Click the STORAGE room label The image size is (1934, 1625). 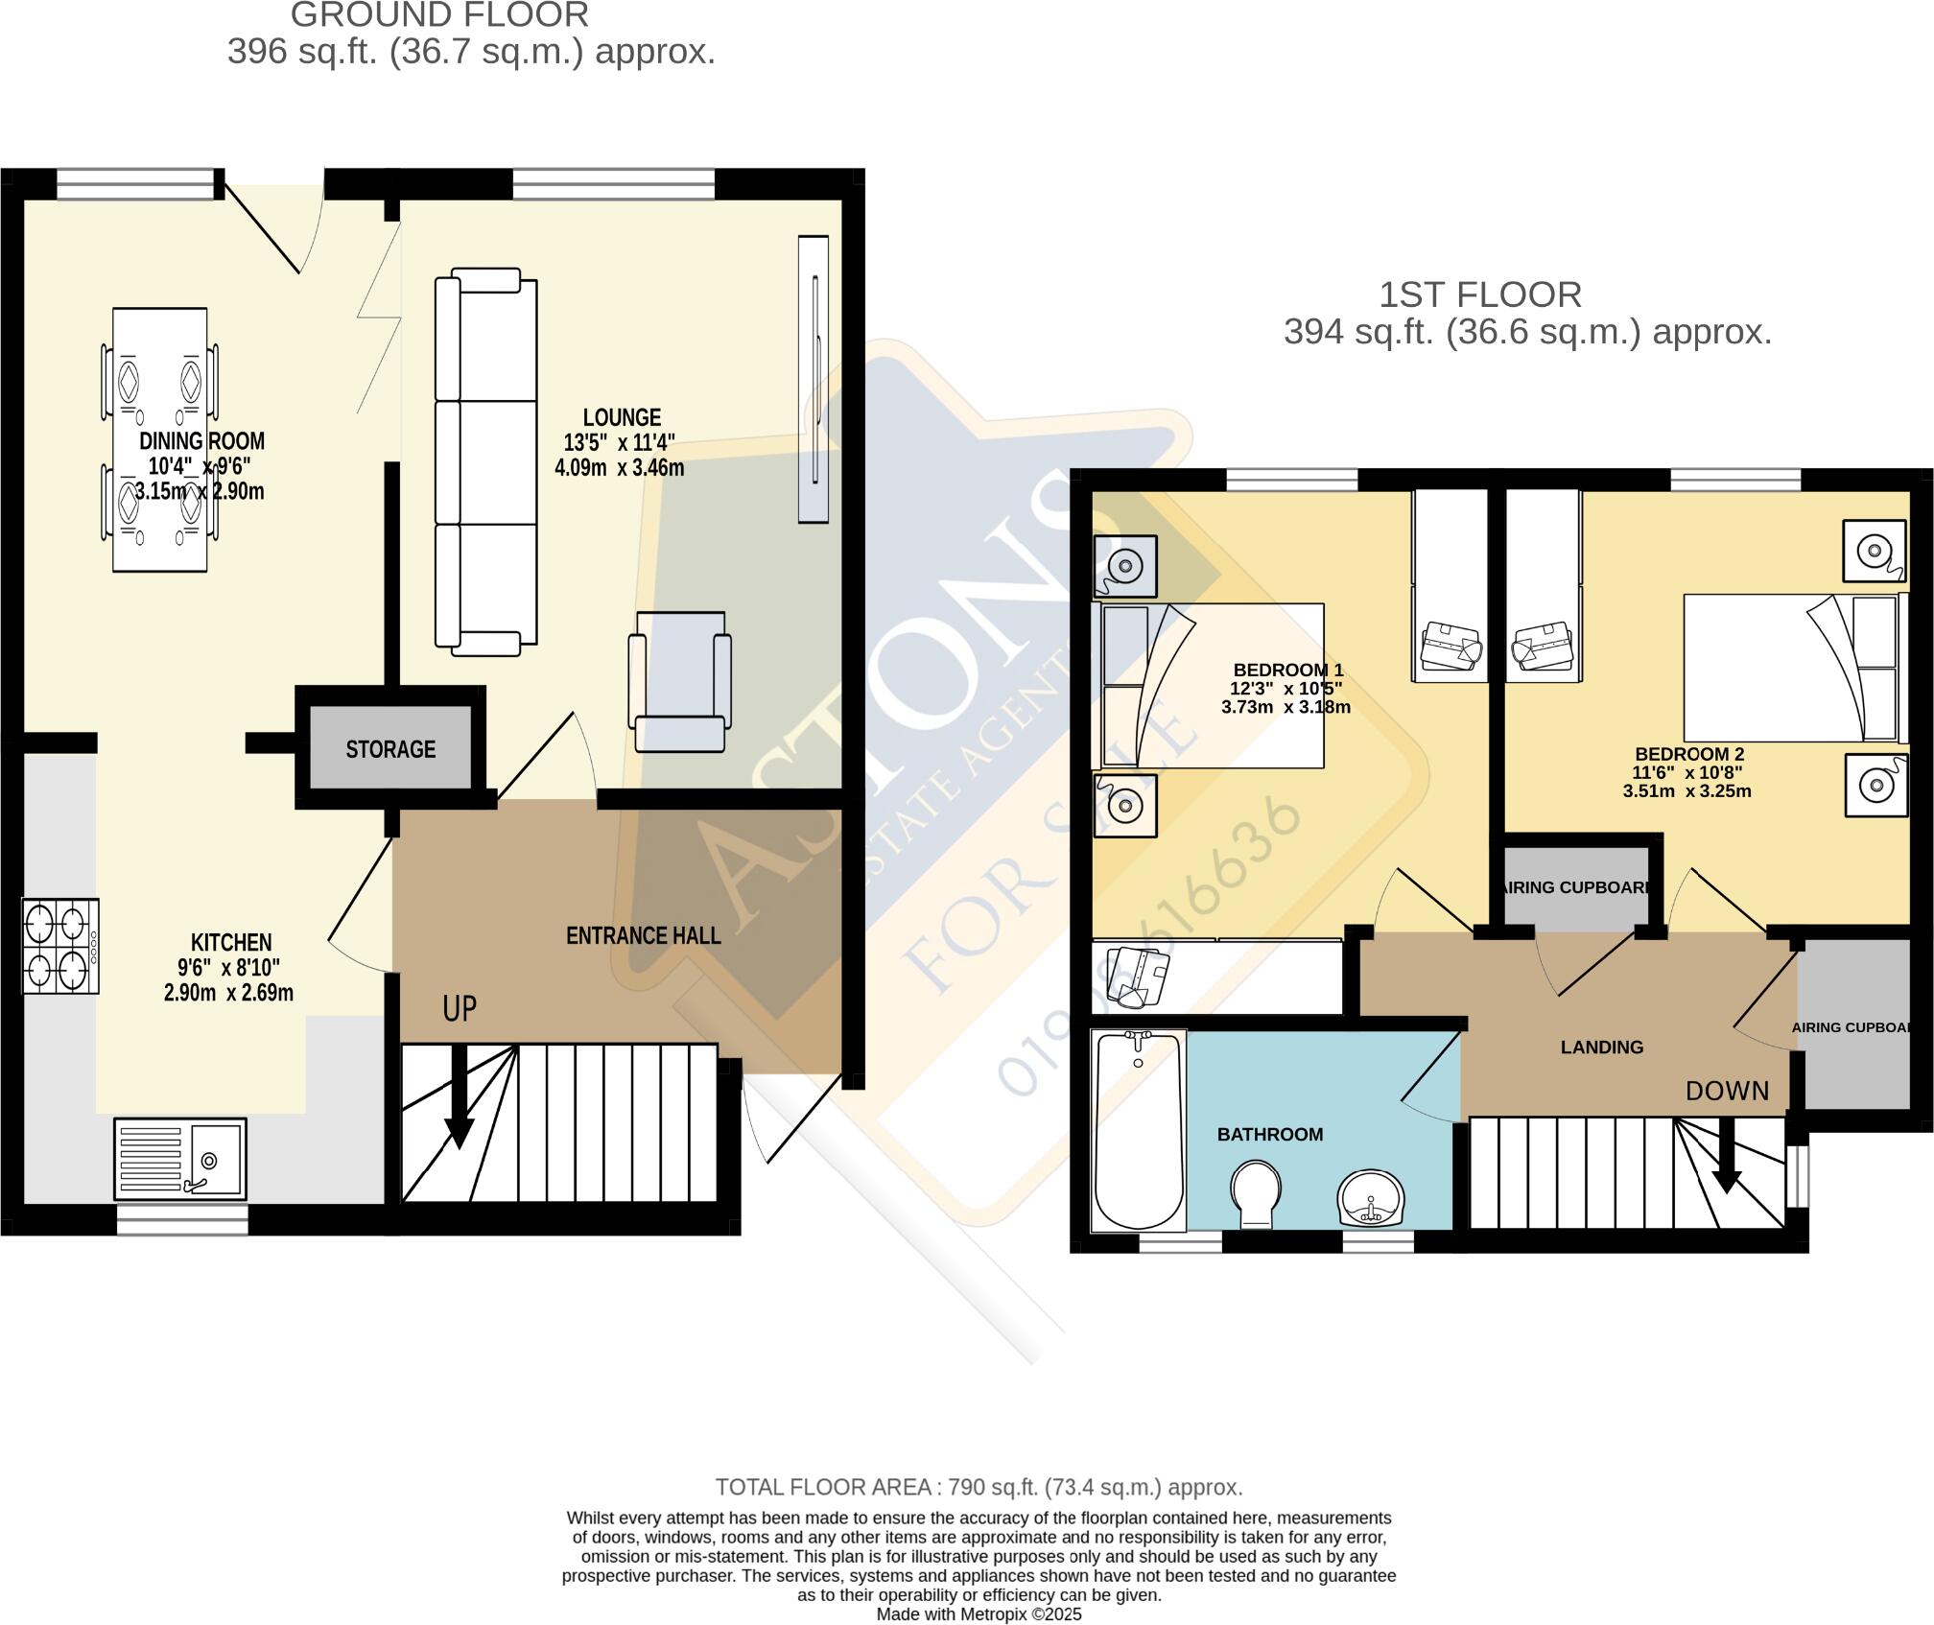pyautogui.click(x=390, y=749)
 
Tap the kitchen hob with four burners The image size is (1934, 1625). pyautogui.click(x=59, y=947)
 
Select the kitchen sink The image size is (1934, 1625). pyautogui.click(x=180, y=1159)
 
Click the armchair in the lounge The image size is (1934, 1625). pyautogui.click(x=679, y=682)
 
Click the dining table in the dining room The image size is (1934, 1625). pyautogui.click(x=159, y=439)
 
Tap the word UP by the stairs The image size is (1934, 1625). pyautogui.click(x=460, y=1008)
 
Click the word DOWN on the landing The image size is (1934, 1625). pyautogui.click(x=1727, y=1091)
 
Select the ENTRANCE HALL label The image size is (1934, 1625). pyautogui.click(x=643, y=935)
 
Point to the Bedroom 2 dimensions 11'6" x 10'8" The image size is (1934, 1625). pyautogui.click(x=1687, y=772)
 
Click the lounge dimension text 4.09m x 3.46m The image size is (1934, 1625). pyautogui.click(x=619, y=468)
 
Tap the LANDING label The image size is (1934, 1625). pyautogui.click(x=1601, y=1048)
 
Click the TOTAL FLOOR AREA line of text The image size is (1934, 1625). pyautogui.click(x=979, y=1487)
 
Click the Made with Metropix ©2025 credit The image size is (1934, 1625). pyautogui.click(x=979, y=1614)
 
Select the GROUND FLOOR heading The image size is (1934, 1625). pyautogui.click(x=439, y=15)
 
